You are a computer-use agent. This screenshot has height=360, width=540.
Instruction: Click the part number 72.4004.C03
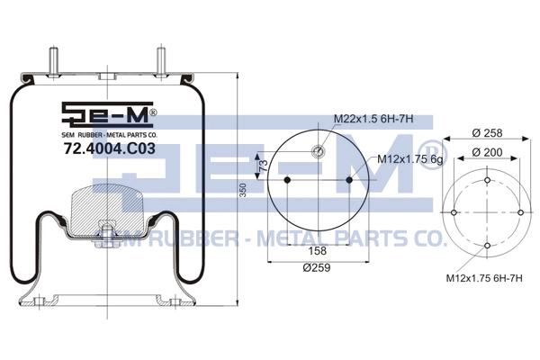(x=110, y=148)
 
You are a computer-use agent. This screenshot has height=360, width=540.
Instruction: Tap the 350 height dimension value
(x=243, y=190)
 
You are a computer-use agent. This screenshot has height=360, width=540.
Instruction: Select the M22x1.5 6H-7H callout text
(x=373, y=119)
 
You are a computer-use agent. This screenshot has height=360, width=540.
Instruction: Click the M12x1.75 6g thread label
(x=409, y=159)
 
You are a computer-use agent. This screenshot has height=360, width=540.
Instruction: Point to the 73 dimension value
(x=264, y=166)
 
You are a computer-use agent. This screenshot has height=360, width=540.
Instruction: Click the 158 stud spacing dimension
(x=317, y=251)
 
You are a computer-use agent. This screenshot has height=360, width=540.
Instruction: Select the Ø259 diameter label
(x=317, y=267)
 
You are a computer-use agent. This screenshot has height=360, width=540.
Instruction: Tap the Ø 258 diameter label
(x=487, y=132)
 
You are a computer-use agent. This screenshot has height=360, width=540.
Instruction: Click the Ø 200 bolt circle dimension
(x=487, y=152)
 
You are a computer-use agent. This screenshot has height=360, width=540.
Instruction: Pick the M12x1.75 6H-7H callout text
(x=484, y=278)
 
